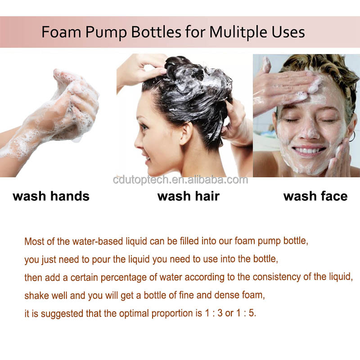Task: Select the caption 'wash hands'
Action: [x=51, y=196]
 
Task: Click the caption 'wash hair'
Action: [x=189, y=196]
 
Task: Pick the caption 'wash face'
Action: [x=315, y=196]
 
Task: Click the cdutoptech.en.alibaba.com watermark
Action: [x=180, y=180]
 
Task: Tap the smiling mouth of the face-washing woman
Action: [x=309, y=149]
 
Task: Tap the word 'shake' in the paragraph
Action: [x=35, y=295]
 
